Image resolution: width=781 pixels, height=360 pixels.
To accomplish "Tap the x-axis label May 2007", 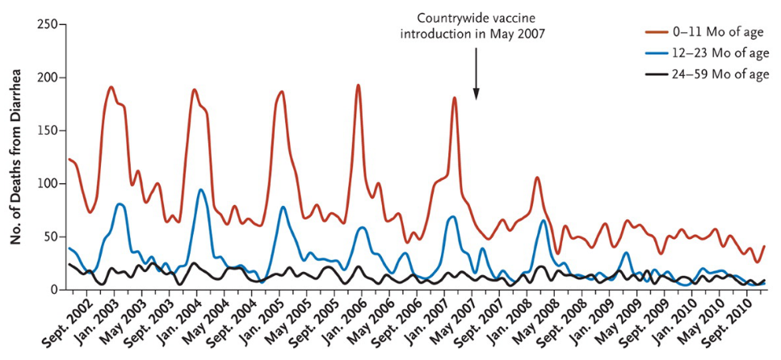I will (460, 323).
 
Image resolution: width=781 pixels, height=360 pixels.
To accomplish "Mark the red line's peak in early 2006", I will (358, 86).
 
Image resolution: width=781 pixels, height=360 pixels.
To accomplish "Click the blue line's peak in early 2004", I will (201, 190).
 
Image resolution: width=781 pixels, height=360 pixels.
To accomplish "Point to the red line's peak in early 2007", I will (455, 98).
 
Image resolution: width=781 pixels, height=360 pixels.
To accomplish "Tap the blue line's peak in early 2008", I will (544, 220).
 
